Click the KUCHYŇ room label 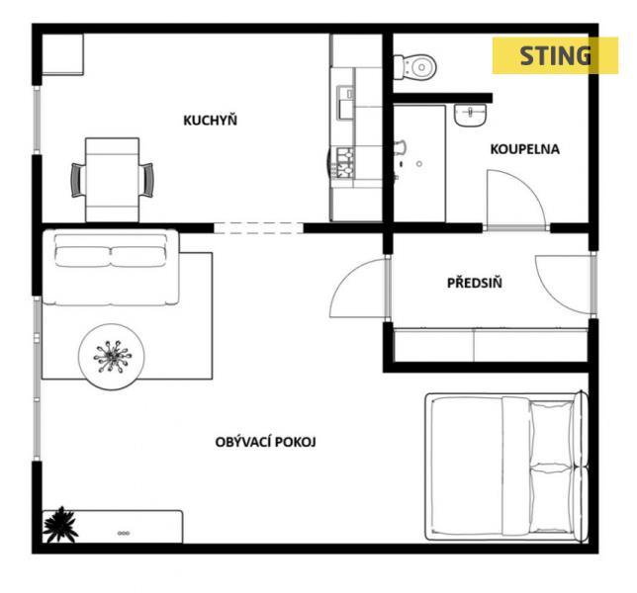point(210,121)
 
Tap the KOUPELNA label point(525,149)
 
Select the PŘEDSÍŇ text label point(475,283)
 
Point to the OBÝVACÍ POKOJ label point(265,442)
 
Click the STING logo point(555,55)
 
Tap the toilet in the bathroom point(414,66)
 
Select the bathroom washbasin point(470,115)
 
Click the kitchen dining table point(112,180)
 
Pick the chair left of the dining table point(77,180)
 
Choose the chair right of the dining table point(146,180)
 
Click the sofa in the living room point(111,267)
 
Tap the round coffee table point(112,357)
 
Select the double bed point(506,466)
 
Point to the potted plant point(60,524)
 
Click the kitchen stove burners point(343,163)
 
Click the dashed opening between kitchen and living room point(258,228)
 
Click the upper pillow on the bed point(551,433)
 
